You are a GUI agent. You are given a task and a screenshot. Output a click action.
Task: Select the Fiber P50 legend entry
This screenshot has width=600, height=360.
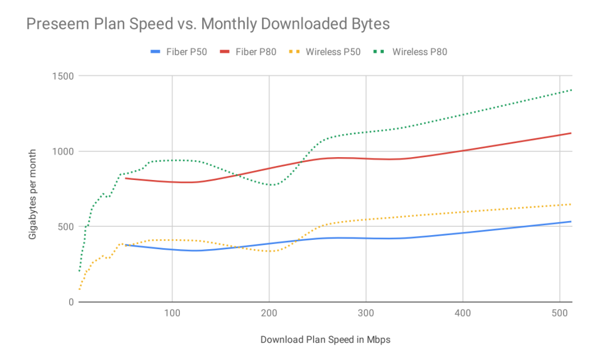179,52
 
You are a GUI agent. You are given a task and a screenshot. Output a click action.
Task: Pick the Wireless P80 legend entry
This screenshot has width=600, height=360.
410,52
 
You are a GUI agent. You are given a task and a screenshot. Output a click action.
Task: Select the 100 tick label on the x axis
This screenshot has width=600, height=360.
172,314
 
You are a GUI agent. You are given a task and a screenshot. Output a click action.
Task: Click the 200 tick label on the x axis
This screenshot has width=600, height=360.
269,314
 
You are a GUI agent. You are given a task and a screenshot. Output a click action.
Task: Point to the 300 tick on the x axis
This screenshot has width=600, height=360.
366,314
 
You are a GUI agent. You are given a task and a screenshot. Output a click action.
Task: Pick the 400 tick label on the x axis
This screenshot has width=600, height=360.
463,314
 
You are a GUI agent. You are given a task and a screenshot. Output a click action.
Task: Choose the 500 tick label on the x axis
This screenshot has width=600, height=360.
560,314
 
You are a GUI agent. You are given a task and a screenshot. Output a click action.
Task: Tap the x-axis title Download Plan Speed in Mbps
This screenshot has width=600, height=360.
325,339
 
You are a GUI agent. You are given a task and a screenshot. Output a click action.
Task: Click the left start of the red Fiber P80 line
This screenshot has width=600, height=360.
126,178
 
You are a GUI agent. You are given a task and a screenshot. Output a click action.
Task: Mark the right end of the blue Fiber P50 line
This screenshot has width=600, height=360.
571,222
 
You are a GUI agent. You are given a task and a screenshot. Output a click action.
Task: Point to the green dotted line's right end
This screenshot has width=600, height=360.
571,90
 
